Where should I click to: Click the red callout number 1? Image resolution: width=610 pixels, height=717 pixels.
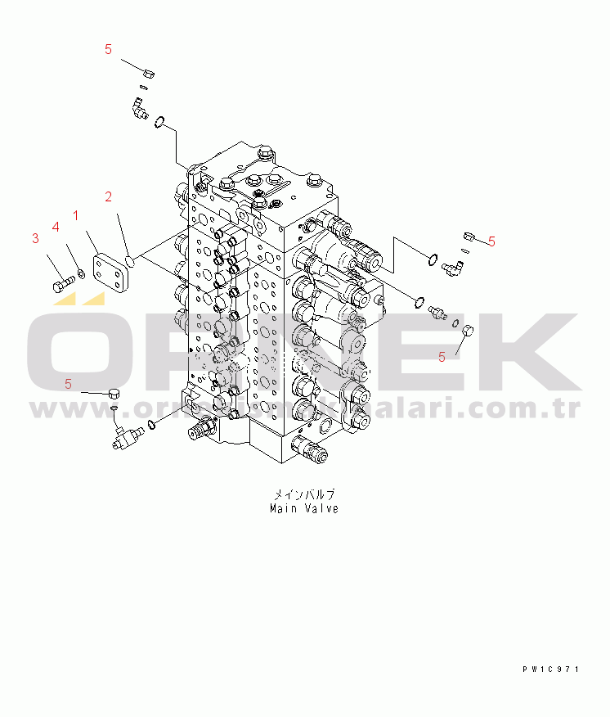75,215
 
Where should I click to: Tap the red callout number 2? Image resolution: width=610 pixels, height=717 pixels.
108,196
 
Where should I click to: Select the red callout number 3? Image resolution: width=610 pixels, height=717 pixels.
35,238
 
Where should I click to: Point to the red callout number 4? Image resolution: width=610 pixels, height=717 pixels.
56,226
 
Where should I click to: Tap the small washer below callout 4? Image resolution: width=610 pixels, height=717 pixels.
79,273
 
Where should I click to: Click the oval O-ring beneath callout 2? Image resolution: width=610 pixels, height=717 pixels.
131,261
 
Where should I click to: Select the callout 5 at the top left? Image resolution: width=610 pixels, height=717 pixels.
108,49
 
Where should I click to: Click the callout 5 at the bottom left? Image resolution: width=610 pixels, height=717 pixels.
68,383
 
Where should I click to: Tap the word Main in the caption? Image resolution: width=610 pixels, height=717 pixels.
284,508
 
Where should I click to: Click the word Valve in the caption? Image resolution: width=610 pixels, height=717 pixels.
321,508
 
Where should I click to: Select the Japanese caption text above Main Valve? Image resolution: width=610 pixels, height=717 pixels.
303,495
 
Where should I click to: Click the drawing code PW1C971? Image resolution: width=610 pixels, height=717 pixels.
551,669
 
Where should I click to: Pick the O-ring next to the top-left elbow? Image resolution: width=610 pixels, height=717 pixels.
161,123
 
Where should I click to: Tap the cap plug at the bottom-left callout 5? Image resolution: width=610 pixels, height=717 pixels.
114,395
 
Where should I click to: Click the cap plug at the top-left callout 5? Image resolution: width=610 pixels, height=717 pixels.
149,74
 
